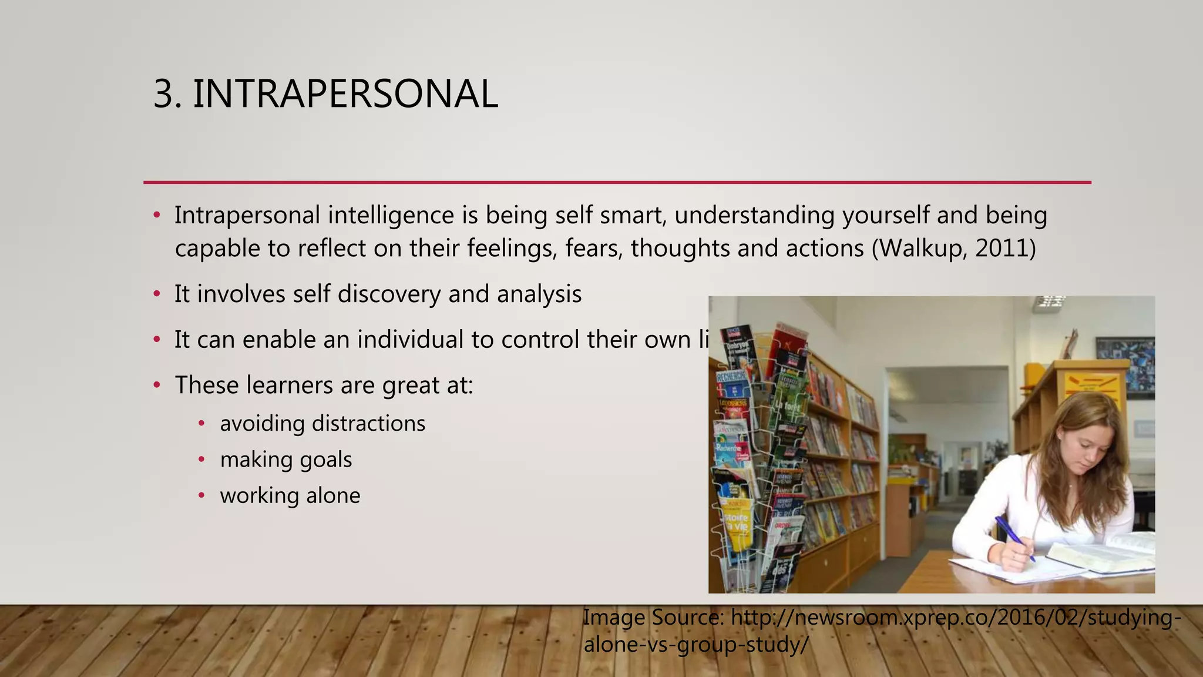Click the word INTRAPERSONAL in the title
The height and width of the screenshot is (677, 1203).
click(x=345, y=94)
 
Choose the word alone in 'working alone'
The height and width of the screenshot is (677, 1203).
click(x=333, y=495)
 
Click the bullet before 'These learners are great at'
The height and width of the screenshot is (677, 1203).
click(x=157, y=386)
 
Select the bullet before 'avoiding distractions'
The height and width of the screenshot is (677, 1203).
click(x=201, y=424)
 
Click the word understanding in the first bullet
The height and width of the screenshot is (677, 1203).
click(x=754, y=216)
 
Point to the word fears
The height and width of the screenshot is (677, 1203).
click(x=593, y=248)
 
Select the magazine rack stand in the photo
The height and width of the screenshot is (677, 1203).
click(x=758, y=458)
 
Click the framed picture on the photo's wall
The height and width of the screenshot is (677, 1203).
click(x=1124, y=364)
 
